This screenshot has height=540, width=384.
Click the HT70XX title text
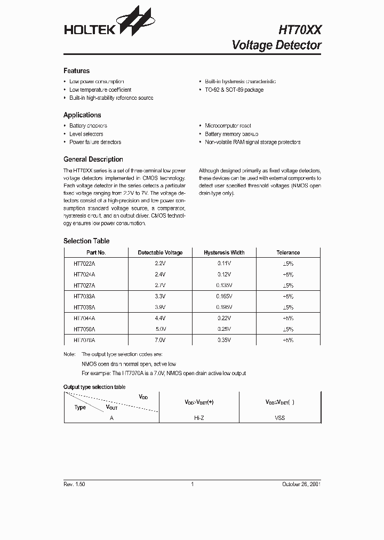pyautogui.click(x=300, y=30)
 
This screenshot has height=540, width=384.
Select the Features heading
pyautogui.click(x=76, y=71)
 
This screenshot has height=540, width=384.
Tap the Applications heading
pyautogui.click(x=82, y=115)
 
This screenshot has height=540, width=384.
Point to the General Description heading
pyautogui.click(x=93, y=160)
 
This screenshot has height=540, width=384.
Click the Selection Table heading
pyautogui.click(x=86, y=241)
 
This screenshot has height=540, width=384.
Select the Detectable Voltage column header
pyautogui.click(x=160, y=253)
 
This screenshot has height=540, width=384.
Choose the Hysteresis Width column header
pyautogui.click(x=224, y=253)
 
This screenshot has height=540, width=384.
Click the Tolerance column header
pyautogui.click(x=288, y=253)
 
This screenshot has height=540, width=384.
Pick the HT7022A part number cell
pyautogui.click(x=84, y=264)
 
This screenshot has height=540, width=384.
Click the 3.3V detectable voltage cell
pyautogui.click(x=160, y=296)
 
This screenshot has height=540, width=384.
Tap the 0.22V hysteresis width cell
pyautogui.click(x=224, y=318)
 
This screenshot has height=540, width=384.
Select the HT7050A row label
pyautogui.click(x=84, y=329)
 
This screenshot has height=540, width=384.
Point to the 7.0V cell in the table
pyautogui.click(x=160, y=340)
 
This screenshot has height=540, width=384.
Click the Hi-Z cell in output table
pyautogui.click(x=199, y=418)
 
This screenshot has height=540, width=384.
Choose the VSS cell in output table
pyautogui.click(x=280, y=418)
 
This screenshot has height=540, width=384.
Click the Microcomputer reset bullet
pyautogui.click(x=227, y=126)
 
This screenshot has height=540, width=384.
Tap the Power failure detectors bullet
pyautogui.click(x=95, y=142)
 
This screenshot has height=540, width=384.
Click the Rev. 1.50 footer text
pyautogui.click(x=74, y=484)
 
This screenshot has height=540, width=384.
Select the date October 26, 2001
pyautogui.click(x=301, y=484)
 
